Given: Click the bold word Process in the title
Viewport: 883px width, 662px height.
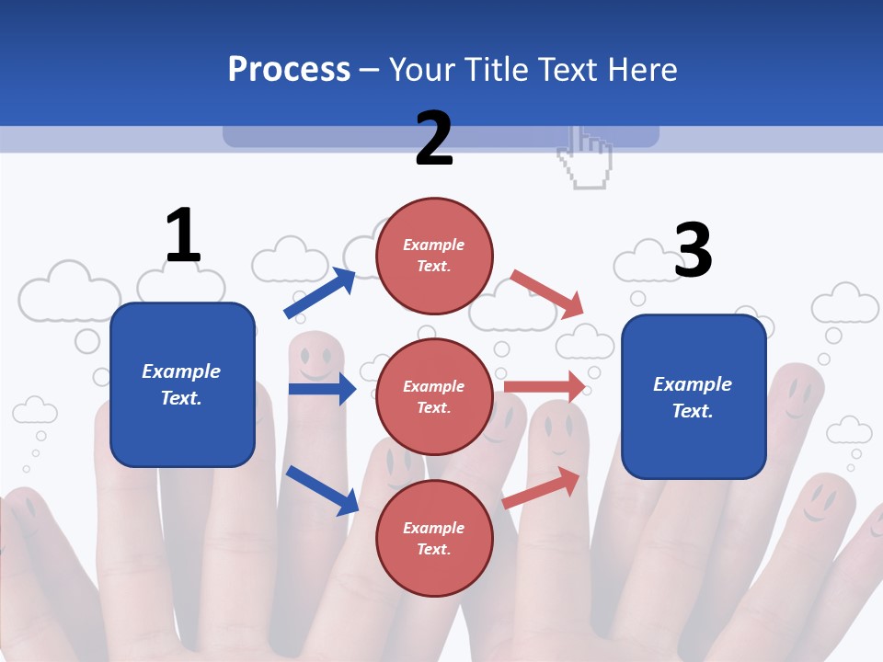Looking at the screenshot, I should [x=289, y=70].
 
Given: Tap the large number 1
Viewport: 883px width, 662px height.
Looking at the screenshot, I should [x=183, y=236].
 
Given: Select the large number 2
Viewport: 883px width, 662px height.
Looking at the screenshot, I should [x=434, y=139].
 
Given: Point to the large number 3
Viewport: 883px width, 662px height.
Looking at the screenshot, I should [x=693, y=250].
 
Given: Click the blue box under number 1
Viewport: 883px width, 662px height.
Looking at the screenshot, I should [x=182, y=384].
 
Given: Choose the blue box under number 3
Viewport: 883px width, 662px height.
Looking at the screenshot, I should [x=694, y=396].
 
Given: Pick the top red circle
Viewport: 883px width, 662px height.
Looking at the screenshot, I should [x=434, y=255].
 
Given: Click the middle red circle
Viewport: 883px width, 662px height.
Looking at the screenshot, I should [x=434, y=396].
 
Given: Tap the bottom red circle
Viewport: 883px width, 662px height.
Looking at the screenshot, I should [x=434, y=538].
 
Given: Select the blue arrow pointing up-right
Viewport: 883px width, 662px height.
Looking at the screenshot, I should [x=319, y=293].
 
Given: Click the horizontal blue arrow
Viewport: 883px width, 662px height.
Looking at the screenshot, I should [x=322, y=389].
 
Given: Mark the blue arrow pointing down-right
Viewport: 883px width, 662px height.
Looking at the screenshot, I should [x=322, y=490].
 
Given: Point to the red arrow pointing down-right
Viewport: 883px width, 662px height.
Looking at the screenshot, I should [x=548, y=294].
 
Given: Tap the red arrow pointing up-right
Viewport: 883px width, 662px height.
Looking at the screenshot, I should [x=542, y=487].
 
